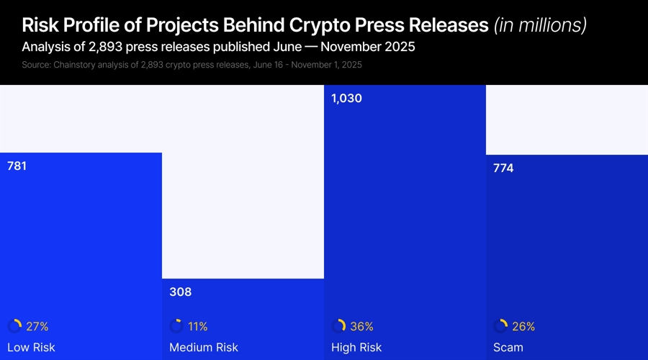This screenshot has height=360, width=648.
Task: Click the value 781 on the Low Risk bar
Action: click(x=17, y=166)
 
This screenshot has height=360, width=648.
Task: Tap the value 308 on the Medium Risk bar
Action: click(x=180, y=292)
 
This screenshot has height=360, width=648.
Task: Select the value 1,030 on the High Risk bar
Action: click(x=346, y=99)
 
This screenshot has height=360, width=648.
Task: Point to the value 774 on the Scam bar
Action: click(x=503, y=168)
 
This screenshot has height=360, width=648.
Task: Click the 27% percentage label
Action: click(x=37, y=326)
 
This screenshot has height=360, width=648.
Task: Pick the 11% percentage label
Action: click(x=198, y=326)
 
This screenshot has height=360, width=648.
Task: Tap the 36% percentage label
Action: click(x=362, y=326)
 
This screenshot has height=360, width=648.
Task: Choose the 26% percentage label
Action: click(x=523, y=326)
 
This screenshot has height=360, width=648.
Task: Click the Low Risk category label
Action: click(x=31, y=348)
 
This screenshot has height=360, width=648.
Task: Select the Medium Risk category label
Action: click(x=204, y=348)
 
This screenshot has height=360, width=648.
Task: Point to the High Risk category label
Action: click(x=356, y=348)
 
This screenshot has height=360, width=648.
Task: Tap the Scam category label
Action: click(x=508, y=348)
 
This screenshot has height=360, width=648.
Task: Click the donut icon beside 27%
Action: click(x=14, y=326)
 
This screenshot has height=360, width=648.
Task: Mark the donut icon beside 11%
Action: click(x=176, y=326)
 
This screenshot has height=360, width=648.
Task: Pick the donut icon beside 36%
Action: click(x=338, y=326)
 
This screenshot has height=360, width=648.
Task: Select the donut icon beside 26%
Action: click(x=500, y=326)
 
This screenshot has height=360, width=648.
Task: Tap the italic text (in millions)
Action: click(x=540, y=25)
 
